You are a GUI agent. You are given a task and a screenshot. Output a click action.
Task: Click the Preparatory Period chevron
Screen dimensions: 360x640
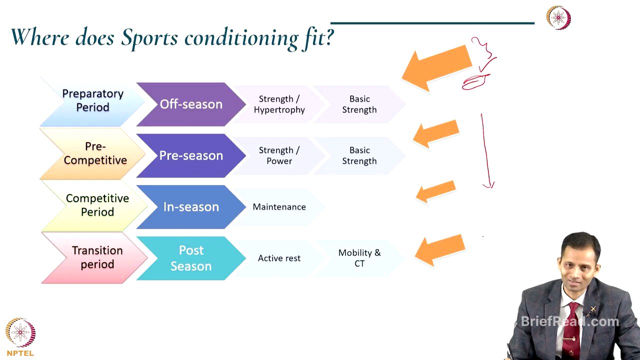(x=92, y=101)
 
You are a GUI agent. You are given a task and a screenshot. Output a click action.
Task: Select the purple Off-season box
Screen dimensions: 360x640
(x=190, y=104)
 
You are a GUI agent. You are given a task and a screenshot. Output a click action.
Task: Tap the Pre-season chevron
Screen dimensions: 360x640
(x=190, y=155)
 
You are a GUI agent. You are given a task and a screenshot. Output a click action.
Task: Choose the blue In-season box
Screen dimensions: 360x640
(x=190, y=207)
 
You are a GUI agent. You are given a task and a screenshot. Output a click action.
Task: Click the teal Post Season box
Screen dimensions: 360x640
(x=190, y=258)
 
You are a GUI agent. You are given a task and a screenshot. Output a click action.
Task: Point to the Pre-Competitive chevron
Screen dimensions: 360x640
(x=94, y=153)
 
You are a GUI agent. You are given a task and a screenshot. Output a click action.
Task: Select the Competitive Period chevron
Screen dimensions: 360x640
(x=97, y=205)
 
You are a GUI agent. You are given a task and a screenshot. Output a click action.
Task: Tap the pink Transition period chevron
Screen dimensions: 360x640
(x=97, y=257)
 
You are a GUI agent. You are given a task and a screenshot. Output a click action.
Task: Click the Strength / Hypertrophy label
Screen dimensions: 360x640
(x=279, y=104)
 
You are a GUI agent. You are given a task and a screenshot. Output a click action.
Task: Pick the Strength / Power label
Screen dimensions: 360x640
(x=279, y=155)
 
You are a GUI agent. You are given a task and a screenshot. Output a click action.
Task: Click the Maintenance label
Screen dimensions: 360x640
(x=279, y=207)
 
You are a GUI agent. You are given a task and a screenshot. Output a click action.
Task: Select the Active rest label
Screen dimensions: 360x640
(x=279, y=258)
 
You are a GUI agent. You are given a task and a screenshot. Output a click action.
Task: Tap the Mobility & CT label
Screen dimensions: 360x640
(x=359, y=258)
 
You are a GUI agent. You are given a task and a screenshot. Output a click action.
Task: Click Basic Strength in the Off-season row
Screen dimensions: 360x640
(x=359, y=104)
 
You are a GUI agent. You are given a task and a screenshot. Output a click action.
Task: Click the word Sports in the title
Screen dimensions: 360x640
(x=150, y=37)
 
